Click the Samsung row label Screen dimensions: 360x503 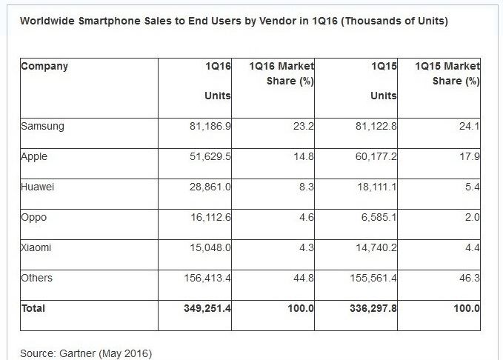(x=42, y=126)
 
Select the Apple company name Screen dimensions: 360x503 (x=35, y=157)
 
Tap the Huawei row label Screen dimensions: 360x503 (x=38, y=187)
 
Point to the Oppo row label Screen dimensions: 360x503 (x=34, y=218)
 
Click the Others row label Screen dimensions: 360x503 (x=37, y=278)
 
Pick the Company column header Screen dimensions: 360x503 (x=44, y=67)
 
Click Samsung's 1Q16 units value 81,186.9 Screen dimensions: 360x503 (x=210, y=127)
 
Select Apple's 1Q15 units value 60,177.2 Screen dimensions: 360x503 (x=376, y=157)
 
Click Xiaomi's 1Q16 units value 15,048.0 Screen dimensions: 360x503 (x=210, y=248)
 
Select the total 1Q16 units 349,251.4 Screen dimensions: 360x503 (x=207, y=308)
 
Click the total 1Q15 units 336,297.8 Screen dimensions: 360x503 (x=373, y=308)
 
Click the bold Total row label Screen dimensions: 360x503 (x=33, y=308)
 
